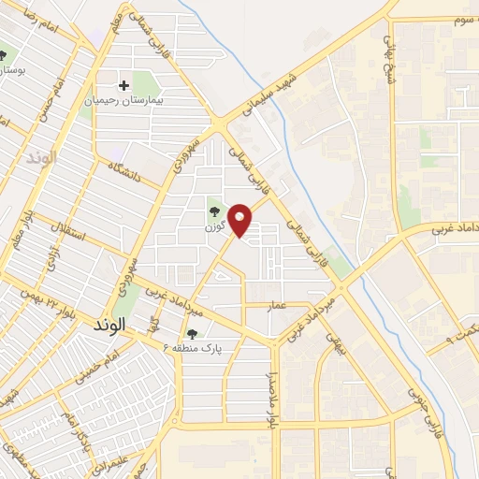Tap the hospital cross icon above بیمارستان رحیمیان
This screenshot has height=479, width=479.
(124, 84)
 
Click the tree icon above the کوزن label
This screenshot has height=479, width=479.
(212, 211)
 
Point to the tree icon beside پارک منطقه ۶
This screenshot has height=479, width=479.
(193, 333)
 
